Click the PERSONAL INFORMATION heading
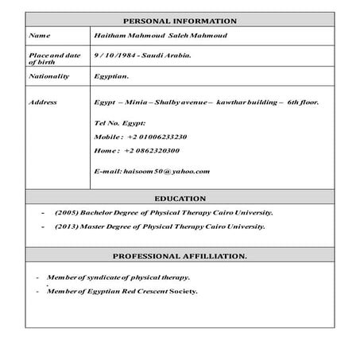point(180,21)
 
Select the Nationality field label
point(48,76)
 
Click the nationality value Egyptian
point(111,76)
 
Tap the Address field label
point(42,103)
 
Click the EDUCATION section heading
point(180,199)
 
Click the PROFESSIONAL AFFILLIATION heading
point(180,256)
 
